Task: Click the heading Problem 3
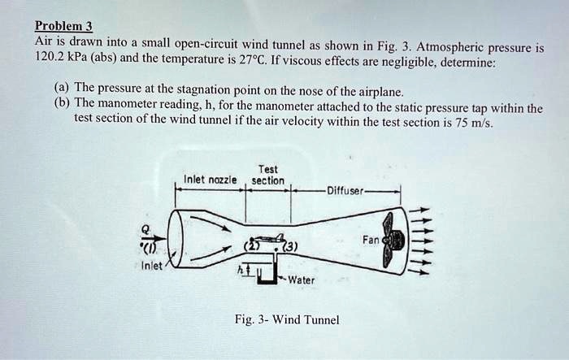coord(63,24)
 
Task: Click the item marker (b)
coord(60,106)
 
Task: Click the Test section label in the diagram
coord(267,175)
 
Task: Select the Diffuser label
coord(346,192)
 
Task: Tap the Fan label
coord(370,241)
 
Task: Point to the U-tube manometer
coord(266,275)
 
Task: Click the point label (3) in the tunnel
coord(289,247)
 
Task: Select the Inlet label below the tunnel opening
coord(152,266)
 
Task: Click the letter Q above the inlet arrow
coord(144,228)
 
